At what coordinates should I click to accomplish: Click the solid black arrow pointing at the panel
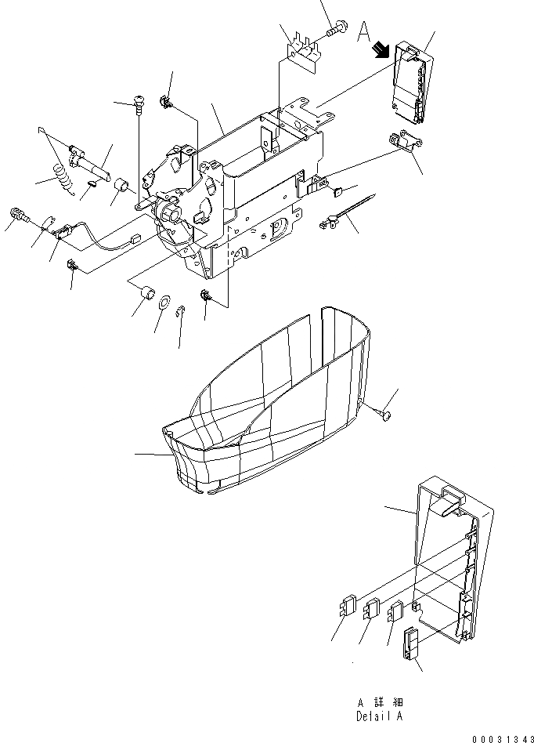click(x=381, y=51)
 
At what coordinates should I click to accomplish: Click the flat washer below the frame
click(x=165, y=303)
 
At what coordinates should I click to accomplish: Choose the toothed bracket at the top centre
click(x=302, y=49)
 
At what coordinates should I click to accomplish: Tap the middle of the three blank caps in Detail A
click(x=372, y=608)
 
